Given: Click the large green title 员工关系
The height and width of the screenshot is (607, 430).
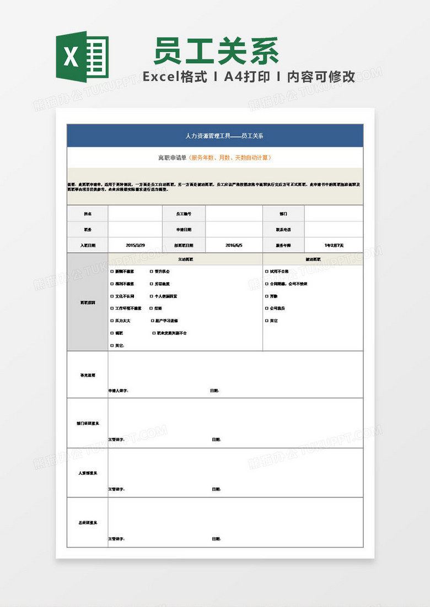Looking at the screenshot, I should click(216, 52).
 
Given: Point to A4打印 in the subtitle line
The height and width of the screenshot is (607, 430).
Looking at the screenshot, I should click(247, 77).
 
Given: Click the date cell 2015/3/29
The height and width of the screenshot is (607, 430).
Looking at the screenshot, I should click(135, 245).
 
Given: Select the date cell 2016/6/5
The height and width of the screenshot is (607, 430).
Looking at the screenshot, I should click(234, 245).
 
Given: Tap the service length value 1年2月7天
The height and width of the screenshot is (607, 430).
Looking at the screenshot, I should click(334, 245).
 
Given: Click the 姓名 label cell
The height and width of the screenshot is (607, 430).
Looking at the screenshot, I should click(88, 213).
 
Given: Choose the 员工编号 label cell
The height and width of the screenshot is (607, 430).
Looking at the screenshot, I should click(184, 213).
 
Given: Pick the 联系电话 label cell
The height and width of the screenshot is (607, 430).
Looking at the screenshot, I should click(283, 229).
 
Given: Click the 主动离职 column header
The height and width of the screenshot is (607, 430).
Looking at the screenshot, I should click(185, 259).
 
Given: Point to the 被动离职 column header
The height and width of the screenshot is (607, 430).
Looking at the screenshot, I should click(313, 259).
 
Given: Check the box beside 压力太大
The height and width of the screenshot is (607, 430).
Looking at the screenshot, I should click(112, 321).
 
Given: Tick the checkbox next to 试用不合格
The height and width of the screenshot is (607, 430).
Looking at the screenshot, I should click(267, 272).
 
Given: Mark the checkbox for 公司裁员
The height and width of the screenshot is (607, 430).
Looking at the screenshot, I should click(267, 308).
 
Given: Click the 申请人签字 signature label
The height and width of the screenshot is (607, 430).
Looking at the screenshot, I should click(118, 391).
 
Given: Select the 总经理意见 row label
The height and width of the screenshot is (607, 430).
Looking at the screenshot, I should click(87, 522).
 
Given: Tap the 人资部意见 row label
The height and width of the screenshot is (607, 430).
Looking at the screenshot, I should click(87, 473).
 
